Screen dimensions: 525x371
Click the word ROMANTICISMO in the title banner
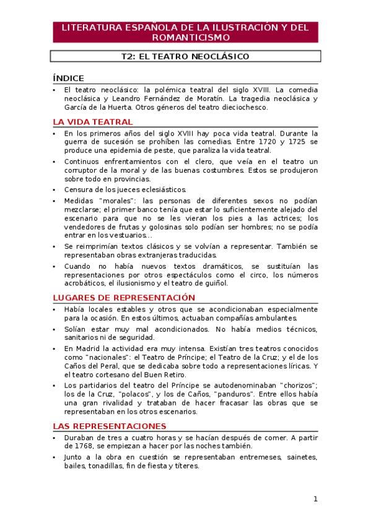pos(186,38)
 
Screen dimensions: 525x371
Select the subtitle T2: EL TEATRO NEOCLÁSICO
pos(185,56)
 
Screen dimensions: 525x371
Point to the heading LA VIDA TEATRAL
pos(92,121)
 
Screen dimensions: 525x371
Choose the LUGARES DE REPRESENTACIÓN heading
pos(124,298)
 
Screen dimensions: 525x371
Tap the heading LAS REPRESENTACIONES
pos(110,426)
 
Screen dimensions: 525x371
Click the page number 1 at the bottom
pos(315,499)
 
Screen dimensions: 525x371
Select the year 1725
pos(295,142)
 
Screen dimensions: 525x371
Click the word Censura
pos(79,189)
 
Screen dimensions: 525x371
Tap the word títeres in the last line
pos(186,466)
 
